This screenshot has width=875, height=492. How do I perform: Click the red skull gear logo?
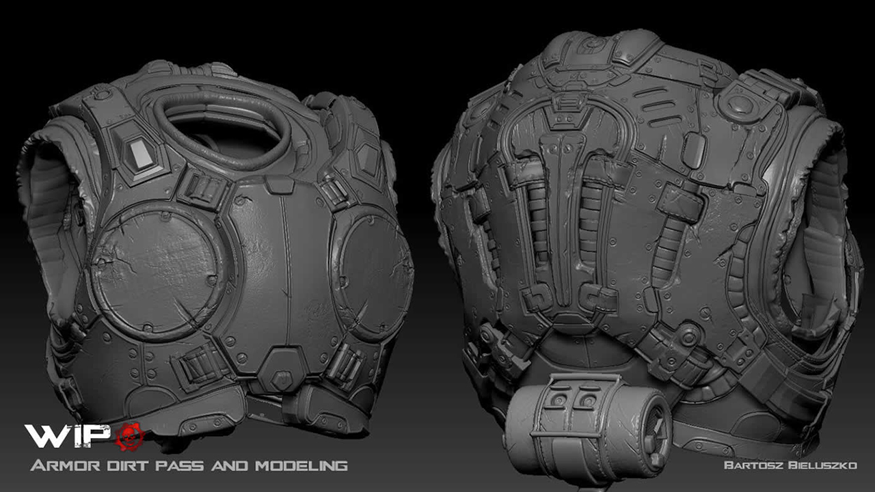click(130, 437)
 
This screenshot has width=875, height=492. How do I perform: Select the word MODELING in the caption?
click(301, 465)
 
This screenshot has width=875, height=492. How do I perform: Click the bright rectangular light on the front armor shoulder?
click(141, 153)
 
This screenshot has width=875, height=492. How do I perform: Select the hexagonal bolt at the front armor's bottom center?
click(280, 379)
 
